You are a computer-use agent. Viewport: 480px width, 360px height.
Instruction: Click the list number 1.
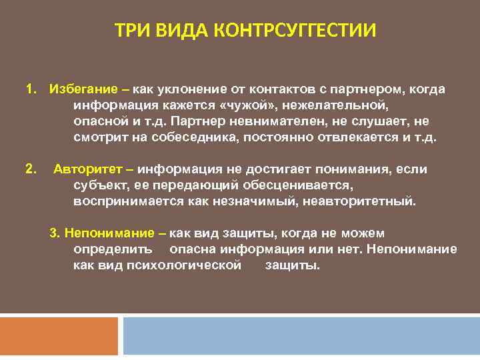[29, 89]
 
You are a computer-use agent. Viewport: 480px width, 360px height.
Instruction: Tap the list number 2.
[29, 169]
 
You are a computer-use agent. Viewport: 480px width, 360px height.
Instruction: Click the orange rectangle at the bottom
[59, 336]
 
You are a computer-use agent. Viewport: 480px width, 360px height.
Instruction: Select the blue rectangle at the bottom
[301, 336]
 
